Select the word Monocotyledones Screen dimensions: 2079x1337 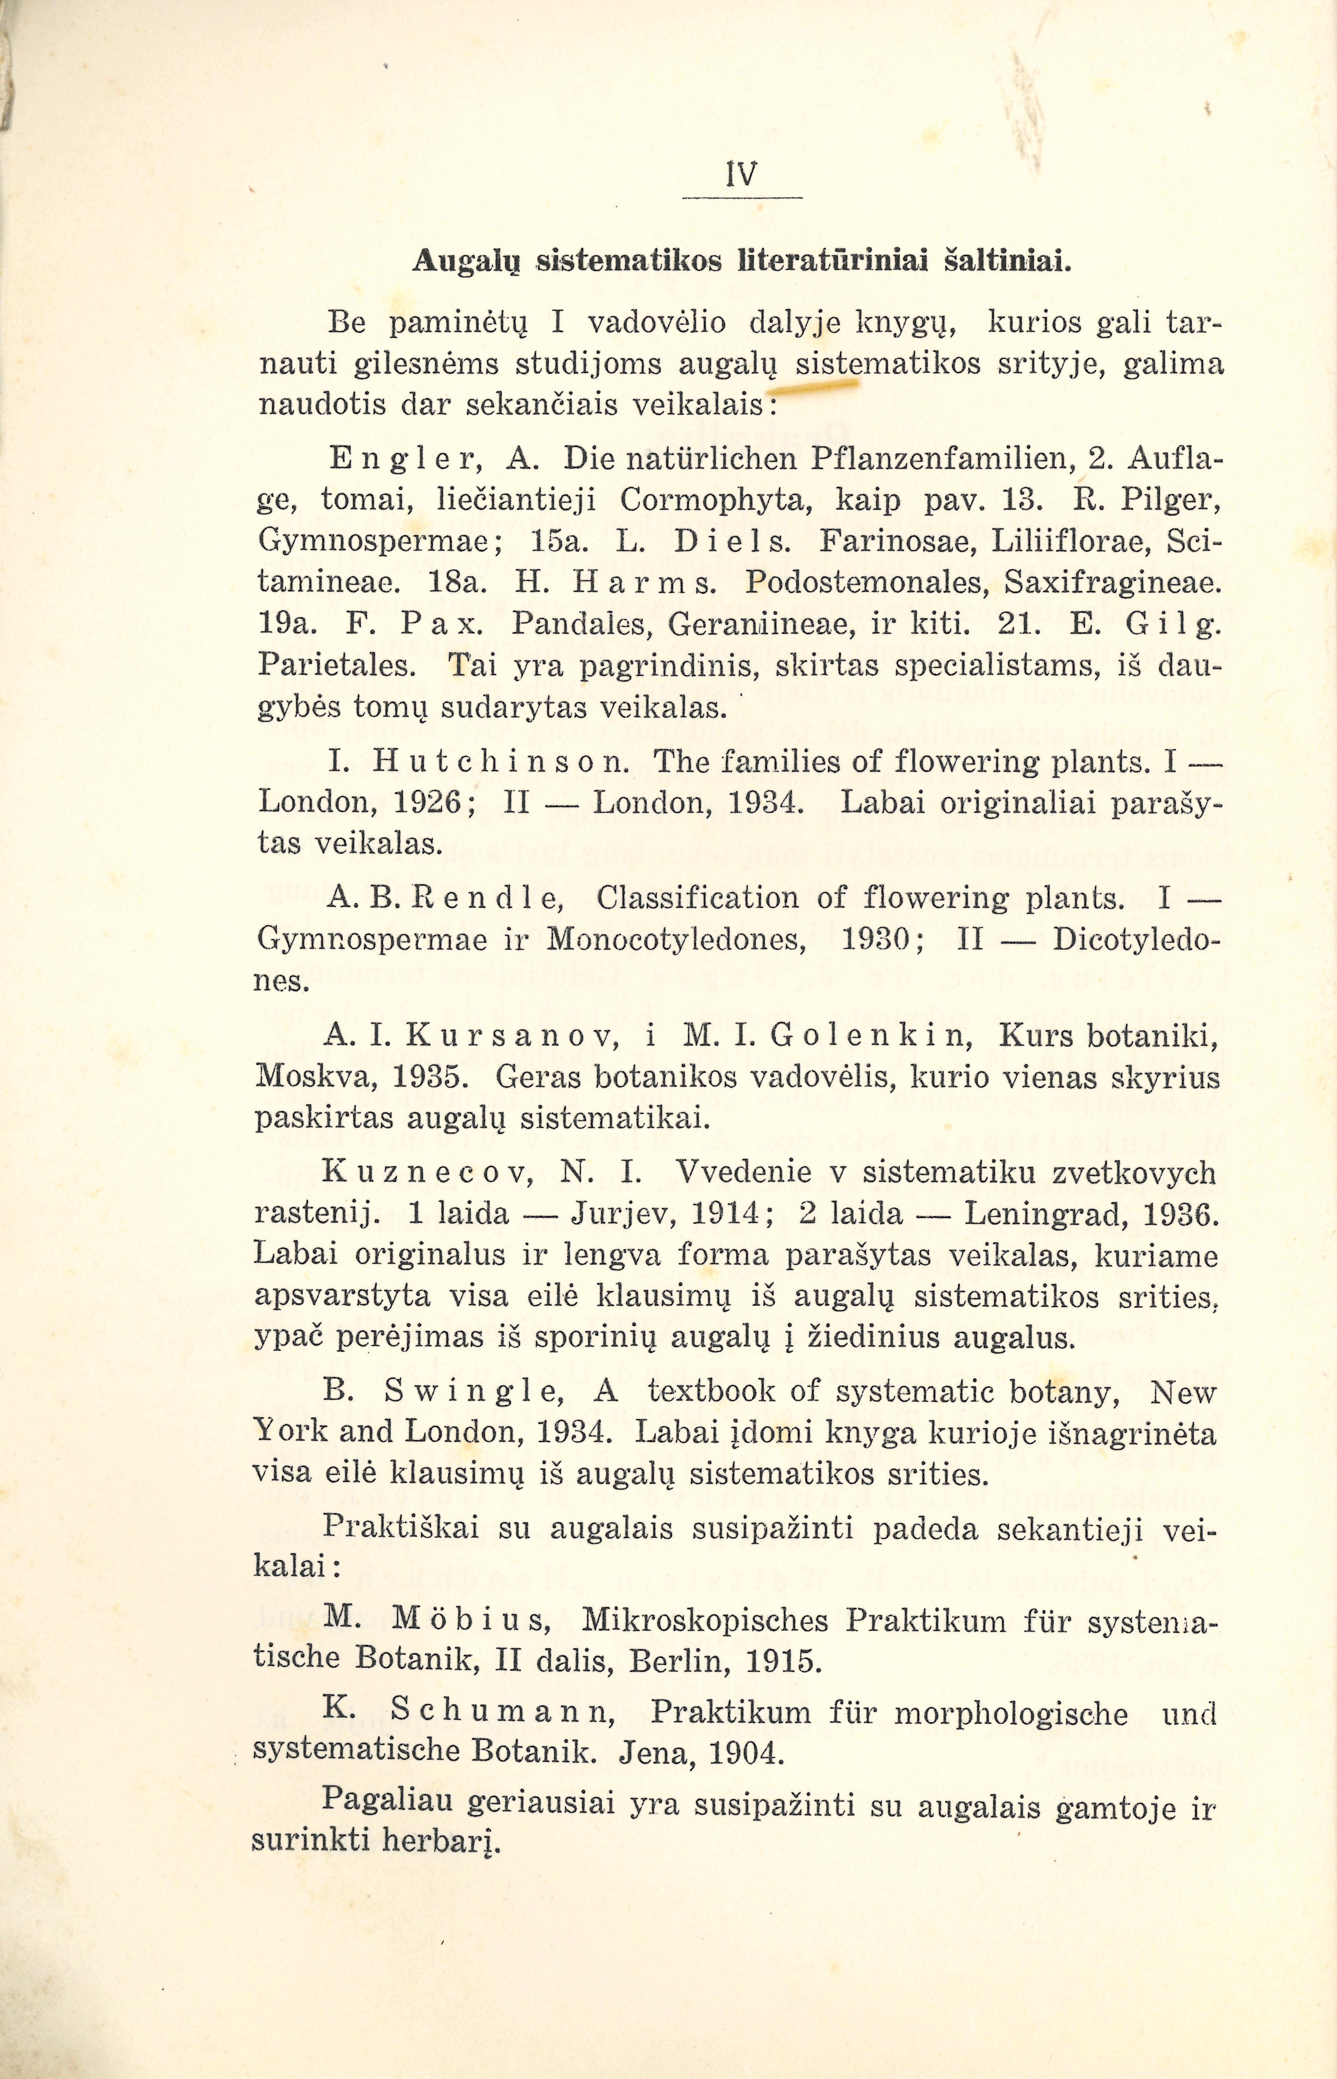point(684,939)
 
